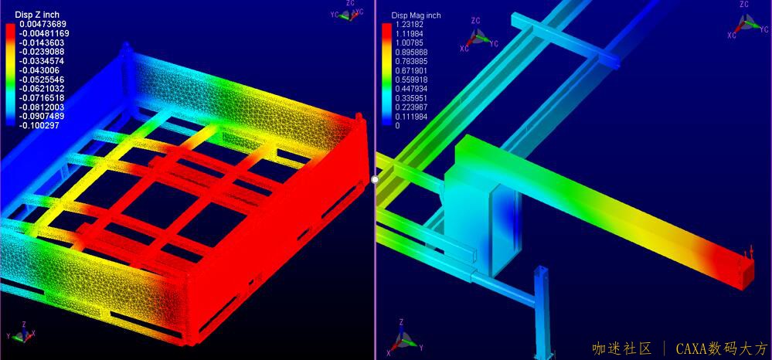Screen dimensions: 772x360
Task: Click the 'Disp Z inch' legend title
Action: [x=37, y=15]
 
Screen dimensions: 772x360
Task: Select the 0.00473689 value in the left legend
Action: [x=43, y=24]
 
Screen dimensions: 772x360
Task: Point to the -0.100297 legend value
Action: [x=40, y=126]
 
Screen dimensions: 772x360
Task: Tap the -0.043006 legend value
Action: [x=40, y=70]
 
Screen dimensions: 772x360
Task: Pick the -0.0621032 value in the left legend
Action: [x=43, y=89]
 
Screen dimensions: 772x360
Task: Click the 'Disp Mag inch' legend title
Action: [x=416, y=15]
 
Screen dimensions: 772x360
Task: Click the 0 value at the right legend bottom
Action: [x=398, y=126]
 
